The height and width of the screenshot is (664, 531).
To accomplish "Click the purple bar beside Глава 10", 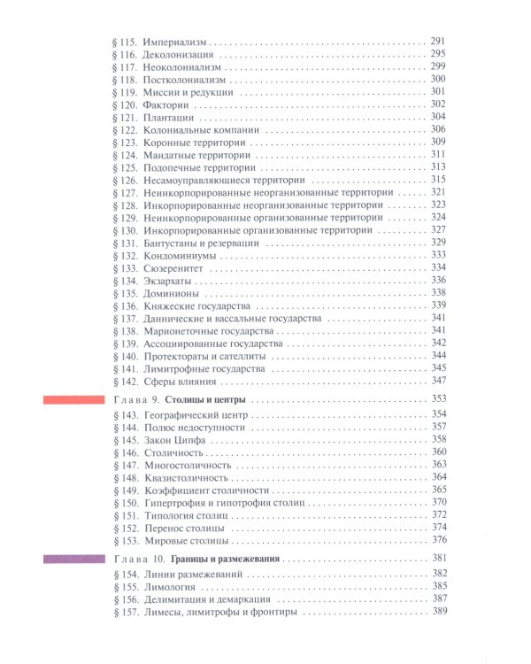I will pyautogui.click(x=75, y=559).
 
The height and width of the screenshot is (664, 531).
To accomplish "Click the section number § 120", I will pyautogui.click(x=126, y=104).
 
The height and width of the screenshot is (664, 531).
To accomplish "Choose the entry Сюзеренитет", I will pyautogui.click(x=173, y=267).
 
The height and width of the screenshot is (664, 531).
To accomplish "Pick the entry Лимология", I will pyautogui.click(x=171, y=587).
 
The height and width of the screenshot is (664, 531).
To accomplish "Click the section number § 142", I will pyautogui.click(x=126, y=381).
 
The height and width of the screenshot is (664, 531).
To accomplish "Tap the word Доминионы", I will pyautogui.click(x=170, y=292).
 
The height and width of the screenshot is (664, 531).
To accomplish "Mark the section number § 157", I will pyautogui.click(x=126, y=613).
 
